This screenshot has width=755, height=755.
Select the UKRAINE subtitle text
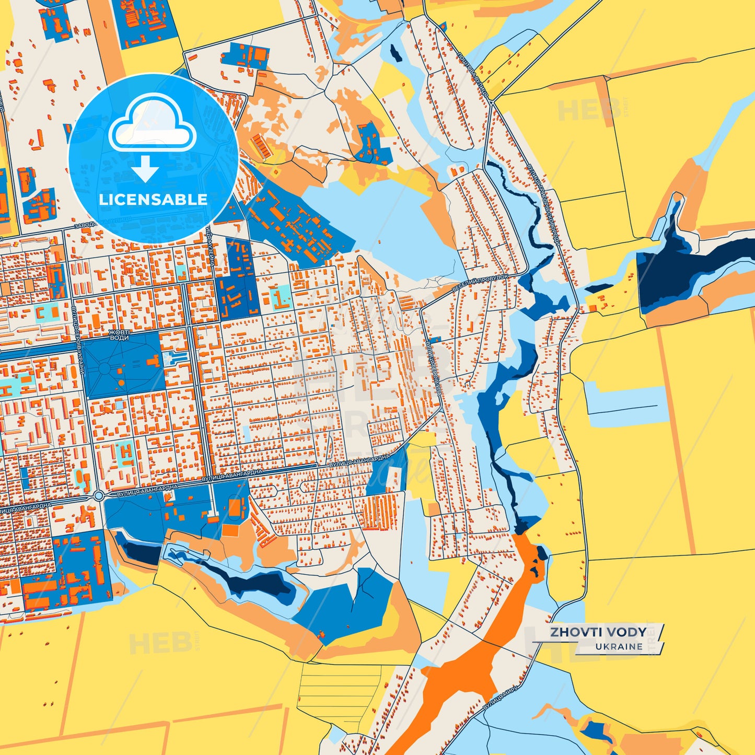(619, 646)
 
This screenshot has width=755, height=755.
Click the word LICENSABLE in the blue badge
(153, 199)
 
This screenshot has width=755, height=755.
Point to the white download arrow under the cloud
(145, 168)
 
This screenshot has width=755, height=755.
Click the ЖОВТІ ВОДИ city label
(119, 335)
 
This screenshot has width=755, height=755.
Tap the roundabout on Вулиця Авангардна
(98, 495)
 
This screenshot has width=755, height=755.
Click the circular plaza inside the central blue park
(104, 368)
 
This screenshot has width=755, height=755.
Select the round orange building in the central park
(122, 383)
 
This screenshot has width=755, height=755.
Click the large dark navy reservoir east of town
(679, 272)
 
